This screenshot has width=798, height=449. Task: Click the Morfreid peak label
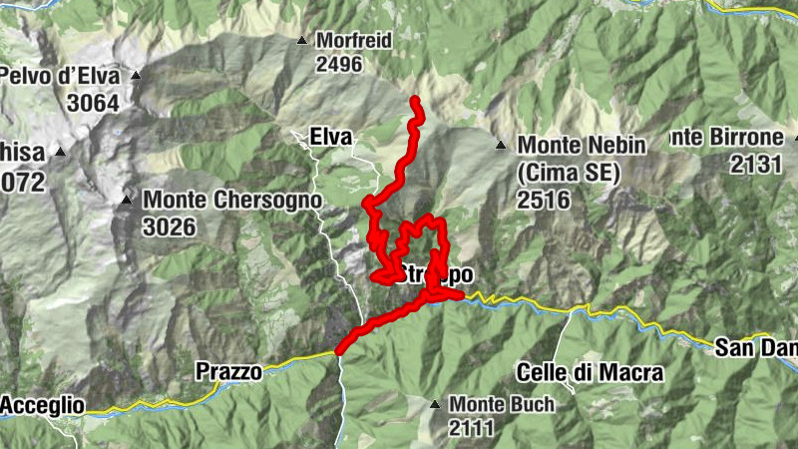point(353,41)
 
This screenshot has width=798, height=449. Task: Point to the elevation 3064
point(93,102)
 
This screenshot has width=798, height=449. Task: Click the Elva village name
point(333,136)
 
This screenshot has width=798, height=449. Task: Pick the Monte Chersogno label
point(232,200)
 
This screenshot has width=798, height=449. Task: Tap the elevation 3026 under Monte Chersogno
point(169,226)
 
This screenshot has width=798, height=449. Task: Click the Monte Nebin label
point(582,145)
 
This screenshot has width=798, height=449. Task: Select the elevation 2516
point(543,200)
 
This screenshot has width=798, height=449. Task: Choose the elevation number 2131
point(755,165)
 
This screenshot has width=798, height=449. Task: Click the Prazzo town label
point(228,371)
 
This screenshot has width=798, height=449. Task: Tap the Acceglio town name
point(42,405)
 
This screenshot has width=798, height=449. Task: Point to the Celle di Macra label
point(591,372)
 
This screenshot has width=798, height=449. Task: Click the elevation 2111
point(476,428)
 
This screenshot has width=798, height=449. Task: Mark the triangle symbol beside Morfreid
point(301,41)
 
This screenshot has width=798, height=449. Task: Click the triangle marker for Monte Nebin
point(501,146)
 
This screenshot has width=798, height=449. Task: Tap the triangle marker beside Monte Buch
point(435,404)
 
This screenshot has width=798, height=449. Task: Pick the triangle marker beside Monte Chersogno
point(127,200)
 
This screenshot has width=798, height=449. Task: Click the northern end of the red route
point(414,99)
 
